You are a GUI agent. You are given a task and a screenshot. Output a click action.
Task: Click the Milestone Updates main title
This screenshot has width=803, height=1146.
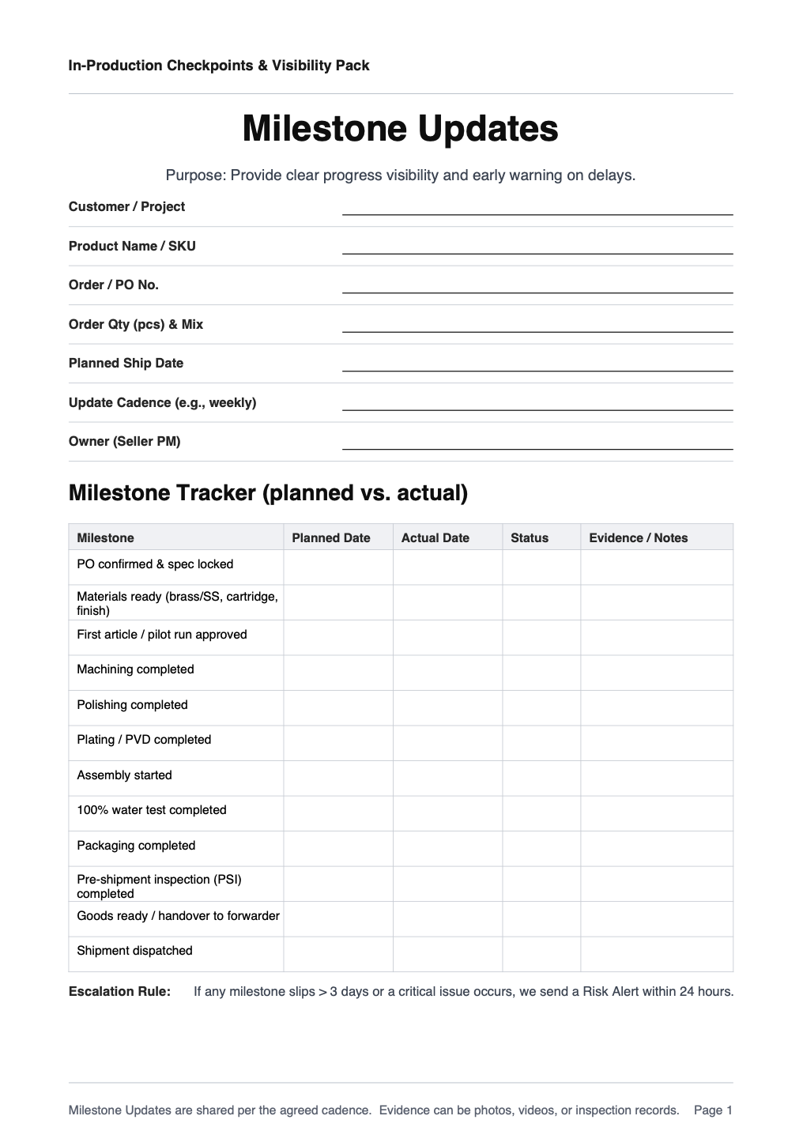click(x=400, y=129)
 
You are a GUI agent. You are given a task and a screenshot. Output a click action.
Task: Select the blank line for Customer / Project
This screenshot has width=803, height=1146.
click(x=537, y=208)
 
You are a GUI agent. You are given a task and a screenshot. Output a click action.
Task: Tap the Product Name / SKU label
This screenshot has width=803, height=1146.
click(x=132, y=246)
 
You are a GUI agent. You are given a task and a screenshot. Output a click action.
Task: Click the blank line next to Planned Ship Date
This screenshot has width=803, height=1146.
click(x=537, y=364)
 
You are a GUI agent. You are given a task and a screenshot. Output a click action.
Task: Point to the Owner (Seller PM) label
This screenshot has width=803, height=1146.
click(x=124, y=441)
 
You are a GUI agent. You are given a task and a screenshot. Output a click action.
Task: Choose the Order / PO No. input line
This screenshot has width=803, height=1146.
click(x=537, y=286)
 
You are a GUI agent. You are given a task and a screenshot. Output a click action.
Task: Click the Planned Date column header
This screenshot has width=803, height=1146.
click(x=331, y=537)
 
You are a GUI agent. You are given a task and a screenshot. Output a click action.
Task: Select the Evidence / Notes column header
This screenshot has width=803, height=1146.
click(x=638, y=537)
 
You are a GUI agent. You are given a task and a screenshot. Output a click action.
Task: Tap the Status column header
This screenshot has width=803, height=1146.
click(x=529, y=537)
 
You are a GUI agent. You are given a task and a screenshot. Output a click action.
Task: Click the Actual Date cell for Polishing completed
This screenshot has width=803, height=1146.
click(x=447, y=707)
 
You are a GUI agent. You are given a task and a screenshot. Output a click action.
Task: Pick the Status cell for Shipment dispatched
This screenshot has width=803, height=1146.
click(x=541, y=954)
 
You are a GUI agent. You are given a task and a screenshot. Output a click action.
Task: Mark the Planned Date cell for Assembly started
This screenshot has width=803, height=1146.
click(x=338, y=778)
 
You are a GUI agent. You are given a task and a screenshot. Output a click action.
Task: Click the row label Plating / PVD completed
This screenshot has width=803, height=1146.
click(x=144, y=740)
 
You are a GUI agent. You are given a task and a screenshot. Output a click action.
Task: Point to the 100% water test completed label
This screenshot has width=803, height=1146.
click(x=152, y=810)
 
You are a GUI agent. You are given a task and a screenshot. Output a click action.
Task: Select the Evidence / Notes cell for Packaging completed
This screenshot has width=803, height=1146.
click(x=656, y=848)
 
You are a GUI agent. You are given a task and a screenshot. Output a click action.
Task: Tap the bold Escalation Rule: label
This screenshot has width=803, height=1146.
click(x=119, y=991)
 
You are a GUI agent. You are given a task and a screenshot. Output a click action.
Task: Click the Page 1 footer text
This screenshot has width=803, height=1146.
click(x=713, y=1110)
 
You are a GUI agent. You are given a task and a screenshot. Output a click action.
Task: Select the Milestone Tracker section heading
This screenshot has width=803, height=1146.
click(x=268, y=492)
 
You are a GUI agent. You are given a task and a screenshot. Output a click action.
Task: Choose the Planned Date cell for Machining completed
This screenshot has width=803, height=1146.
click(x=338, y=673)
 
